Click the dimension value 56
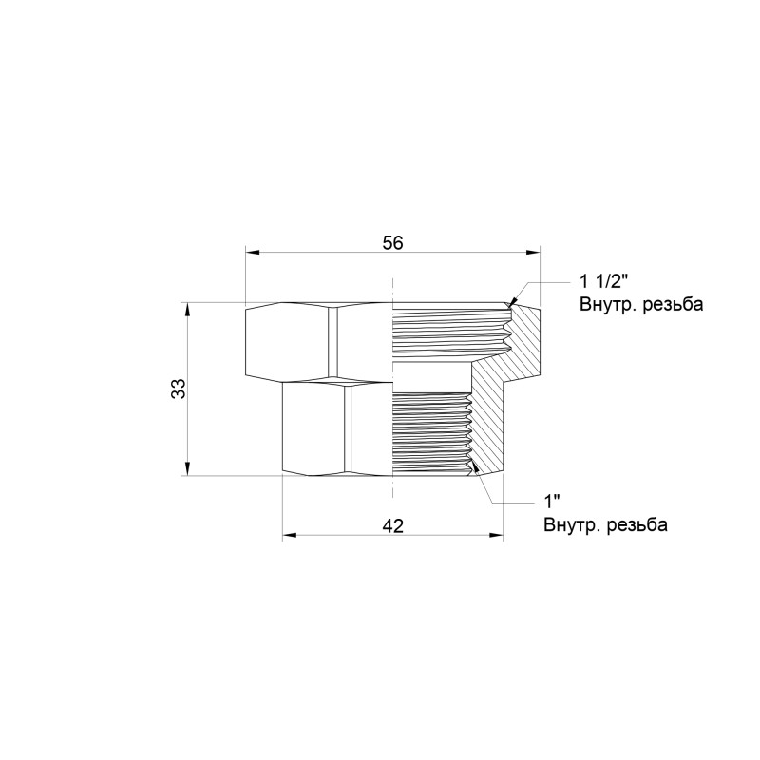pos(392,242)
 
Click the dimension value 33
pos(178,389)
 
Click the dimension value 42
pos(392,525)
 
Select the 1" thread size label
pos(551,501)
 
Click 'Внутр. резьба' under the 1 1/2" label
pos(640,305)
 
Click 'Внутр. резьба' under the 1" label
pos(605,524)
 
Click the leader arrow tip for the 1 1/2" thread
pos(511,303)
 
